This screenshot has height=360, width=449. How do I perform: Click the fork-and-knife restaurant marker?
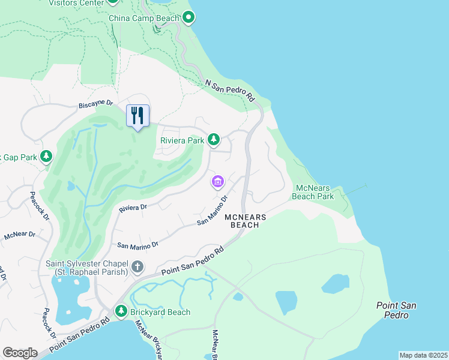tap(137, 115)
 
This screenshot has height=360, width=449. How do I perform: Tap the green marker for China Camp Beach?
tap(188, 19)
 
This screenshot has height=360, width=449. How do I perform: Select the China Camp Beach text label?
tap(144, 19)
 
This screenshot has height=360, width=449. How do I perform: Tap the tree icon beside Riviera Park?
tap(213, 140)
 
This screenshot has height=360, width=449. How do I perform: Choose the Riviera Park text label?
tap(182, 141)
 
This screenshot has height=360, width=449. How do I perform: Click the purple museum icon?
tap(217, 181)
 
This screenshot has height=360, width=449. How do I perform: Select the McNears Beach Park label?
tap(313, 192)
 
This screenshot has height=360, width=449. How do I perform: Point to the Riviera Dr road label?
tap(133, 208)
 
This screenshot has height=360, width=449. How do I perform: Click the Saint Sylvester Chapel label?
tap(88, 268)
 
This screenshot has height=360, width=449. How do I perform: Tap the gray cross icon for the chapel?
tap(137, 266)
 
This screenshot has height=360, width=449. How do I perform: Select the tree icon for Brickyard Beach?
tap(121, 311)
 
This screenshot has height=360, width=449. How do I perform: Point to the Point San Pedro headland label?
tap(396, 310)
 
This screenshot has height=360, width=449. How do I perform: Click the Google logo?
tap(20, 352)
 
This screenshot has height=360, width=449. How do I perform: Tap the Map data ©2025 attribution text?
tap(424, 355)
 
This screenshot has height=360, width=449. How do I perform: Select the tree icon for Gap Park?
tap(46, 157)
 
